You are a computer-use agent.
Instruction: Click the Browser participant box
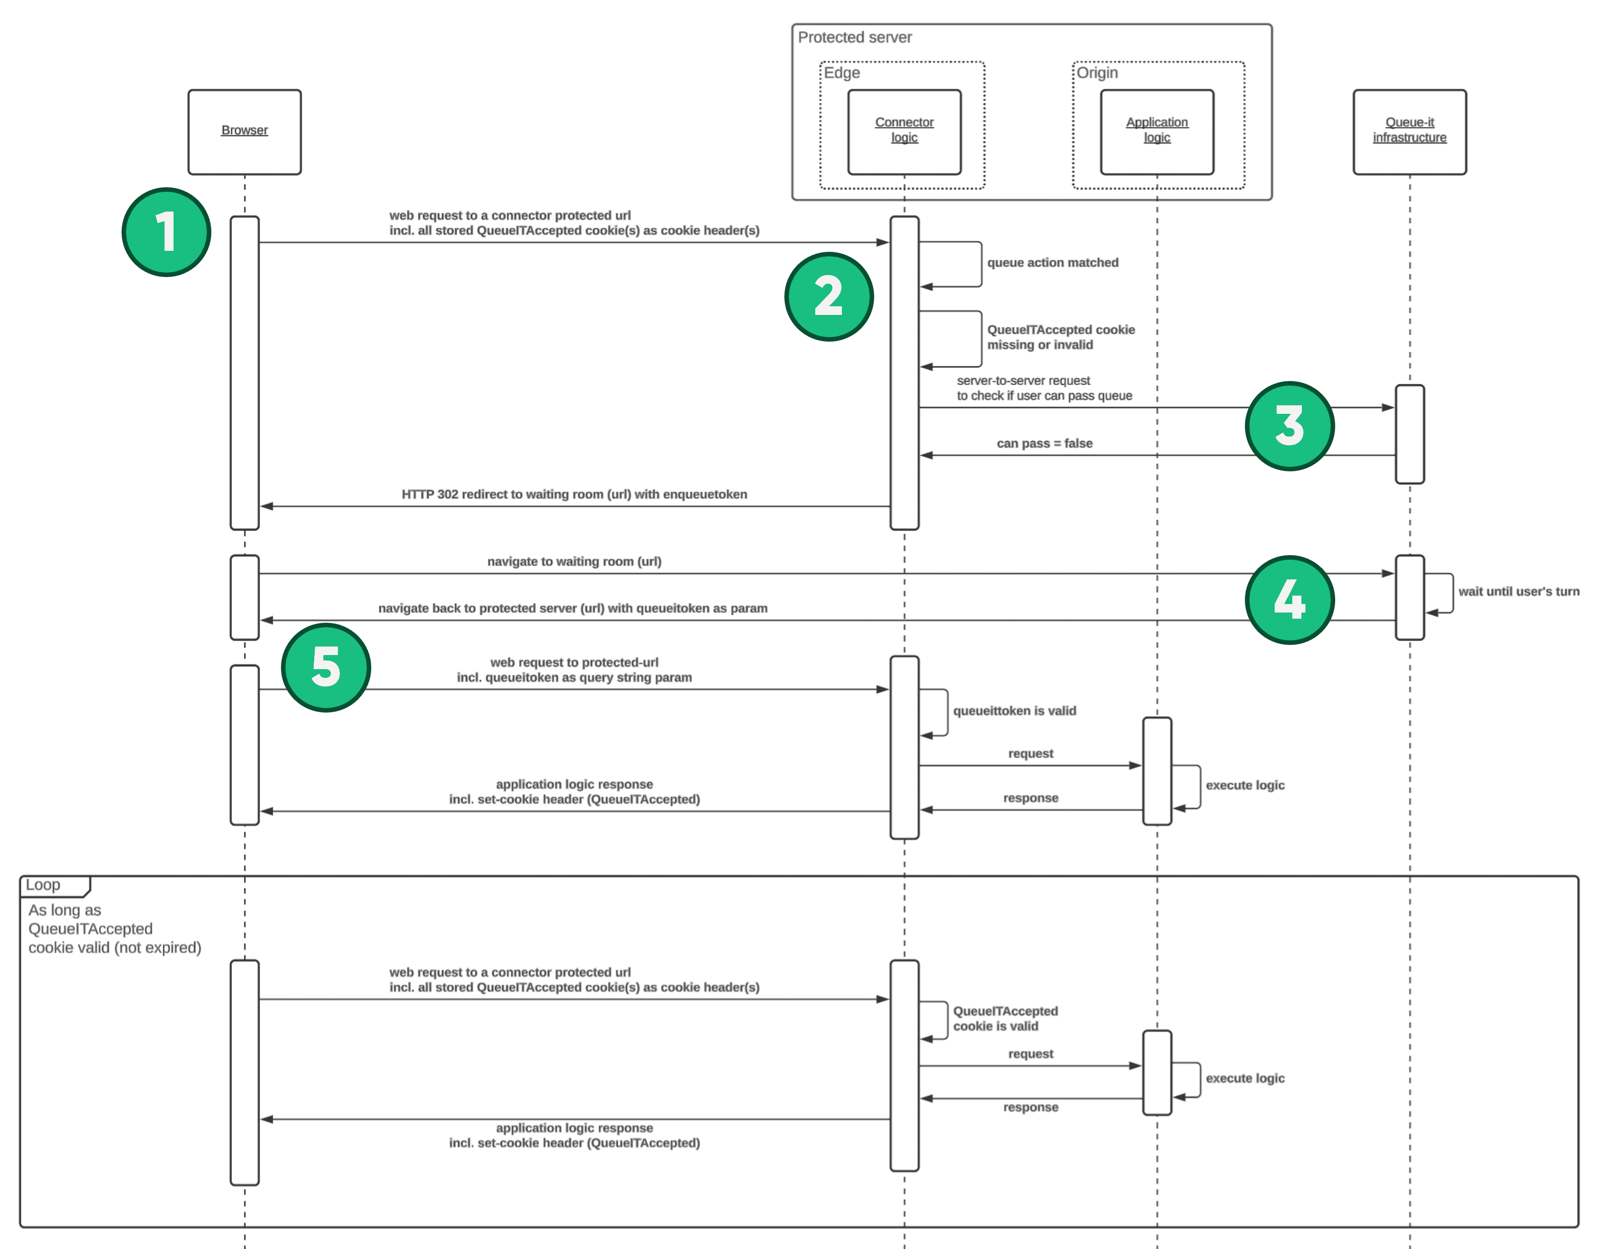click(x=245, y=132)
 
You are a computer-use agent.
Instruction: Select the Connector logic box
click(x=904, y=132)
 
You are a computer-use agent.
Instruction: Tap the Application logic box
click(x=1157, y=132)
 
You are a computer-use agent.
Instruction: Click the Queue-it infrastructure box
click(x=1409, y=132)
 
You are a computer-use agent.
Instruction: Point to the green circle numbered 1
click(x=166, y=232)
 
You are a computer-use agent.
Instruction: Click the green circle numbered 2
click(x=829, y=297)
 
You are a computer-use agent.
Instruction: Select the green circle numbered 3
click(x=1289, y=425)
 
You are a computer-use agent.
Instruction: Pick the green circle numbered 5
click(x=326, y=667)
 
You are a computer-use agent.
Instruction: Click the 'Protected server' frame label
click(x=854, y=37)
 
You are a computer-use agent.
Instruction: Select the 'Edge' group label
click(x=842, y=73)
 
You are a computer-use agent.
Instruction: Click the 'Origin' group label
click(x=1097, y=73)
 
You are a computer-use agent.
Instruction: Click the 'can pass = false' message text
click(x=1044, y=443)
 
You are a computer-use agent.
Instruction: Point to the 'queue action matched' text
click(x=1052, y=262)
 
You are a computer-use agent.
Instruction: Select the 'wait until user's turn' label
click(x=1518, y=591)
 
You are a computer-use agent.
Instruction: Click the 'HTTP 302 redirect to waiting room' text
click(x=574, y=495)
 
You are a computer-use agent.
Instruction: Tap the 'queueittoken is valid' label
click(x=1014, y=711)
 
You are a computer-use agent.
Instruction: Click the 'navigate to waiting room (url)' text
click(x=574, y=561)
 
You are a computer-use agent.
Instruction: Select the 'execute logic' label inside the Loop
click(x=1244, y=1078)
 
